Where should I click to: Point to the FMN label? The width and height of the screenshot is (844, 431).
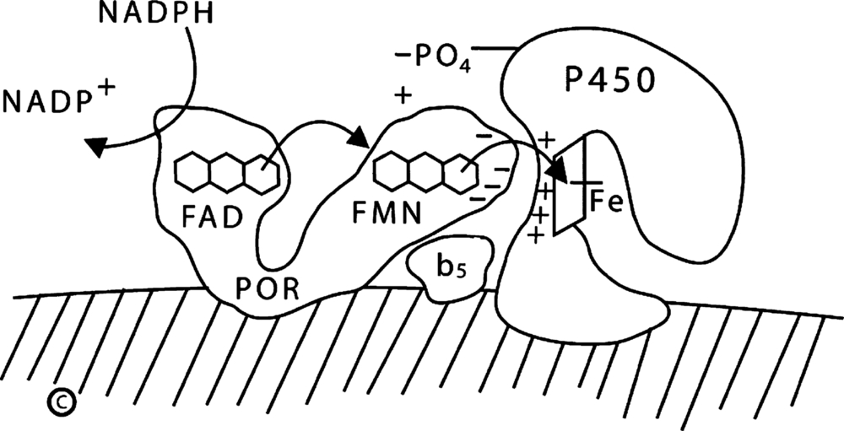(388, 216)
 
